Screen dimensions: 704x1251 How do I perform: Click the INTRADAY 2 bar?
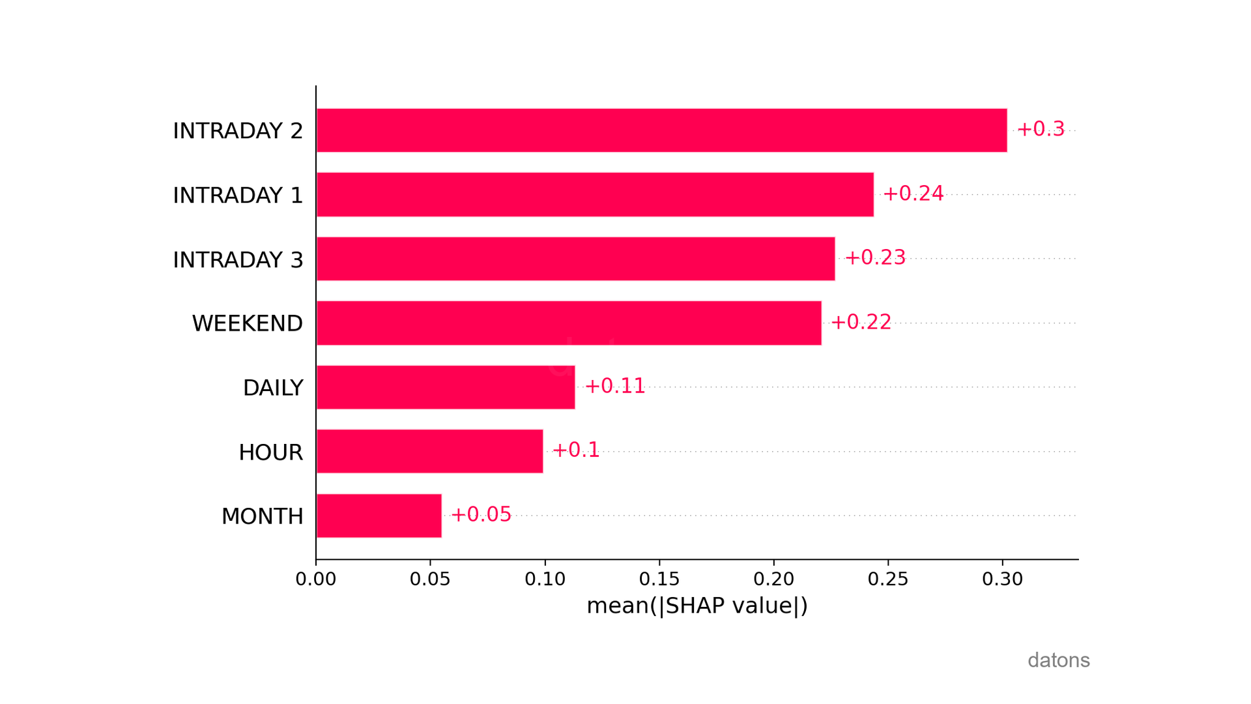(661, 130)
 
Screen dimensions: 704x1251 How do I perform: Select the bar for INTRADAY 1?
(595, 194)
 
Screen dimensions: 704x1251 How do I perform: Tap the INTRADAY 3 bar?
(575, 259)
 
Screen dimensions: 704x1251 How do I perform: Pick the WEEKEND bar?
(569, 323)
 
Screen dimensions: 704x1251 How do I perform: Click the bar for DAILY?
(446, 387)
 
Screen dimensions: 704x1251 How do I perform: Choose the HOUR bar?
(429, 451)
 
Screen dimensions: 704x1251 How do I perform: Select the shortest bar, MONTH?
(379, 516)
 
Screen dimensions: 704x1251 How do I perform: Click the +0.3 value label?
(1041, 129)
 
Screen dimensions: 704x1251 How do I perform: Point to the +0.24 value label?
(913, 194)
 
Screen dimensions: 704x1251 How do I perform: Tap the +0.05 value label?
(481, 514)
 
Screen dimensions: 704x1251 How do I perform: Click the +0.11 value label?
(614, 386)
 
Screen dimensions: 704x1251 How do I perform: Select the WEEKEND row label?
(247, 323)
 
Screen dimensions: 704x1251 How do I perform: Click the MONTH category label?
(262, 516)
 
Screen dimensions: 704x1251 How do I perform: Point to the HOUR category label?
(270, 452)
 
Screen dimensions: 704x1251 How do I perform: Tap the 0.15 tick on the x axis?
(659, 579)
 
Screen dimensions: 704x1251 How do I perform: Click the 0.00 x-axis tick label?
(316, 579)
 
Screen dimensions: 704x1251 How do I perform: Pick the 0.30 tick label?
(1002, 579)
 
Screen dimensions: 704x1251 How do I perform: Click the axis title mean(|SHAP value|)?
(697, 606)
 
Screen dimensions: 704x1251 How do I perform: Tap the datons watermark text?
(1058, 660)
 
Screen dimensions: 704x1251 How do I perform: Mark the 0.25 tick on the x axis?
(888, 579)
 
